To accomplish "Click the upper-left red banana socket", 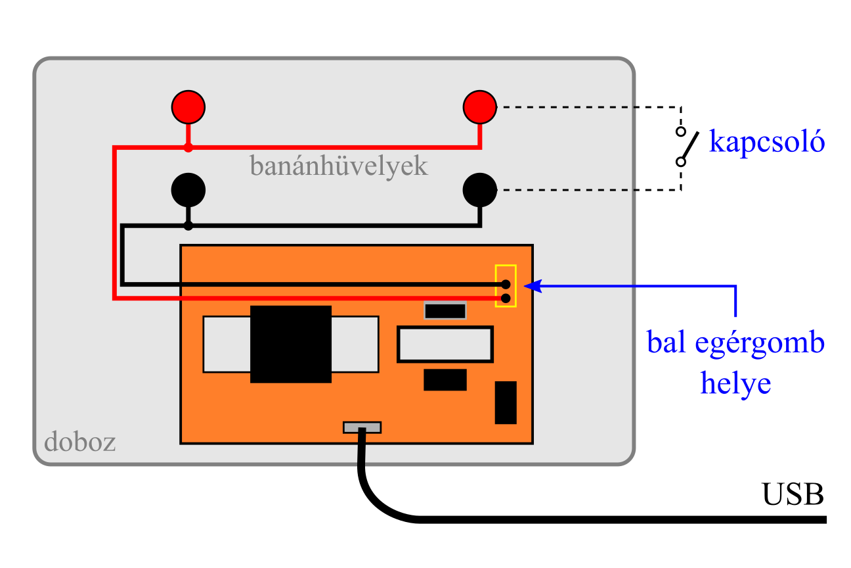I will pos(188,106).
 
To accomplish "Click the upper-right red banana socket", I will pos(480,106).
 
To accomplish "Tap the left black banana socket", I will pos(188,190).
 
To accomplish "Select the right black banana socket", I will pos(480,190).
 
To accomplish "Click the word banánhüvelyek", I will pos(339,166).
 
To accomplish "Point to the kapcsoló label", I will pos(766,142).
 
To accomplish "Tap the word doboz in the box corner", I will pos(80,442).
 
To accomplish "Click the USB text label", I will pos(793,494).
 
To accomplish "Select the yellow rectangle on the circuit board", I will pos(506,285).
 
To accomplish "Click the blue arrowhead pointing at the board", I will pos(533,285).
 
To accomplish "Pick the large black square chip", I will pos(291,344).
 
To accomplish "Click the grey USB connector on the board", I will pos(362,427).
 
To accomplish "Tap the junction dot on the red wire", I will pos(188,147).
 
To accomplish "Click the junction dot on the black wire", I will pos(188,226).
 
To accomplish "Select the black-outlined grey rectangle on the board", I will pos(445,344).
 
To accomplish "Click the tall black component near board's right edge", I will pos(506,402).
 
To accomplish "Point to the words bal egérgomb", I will pos(735,343).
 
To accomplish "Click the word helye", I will pos(735,383).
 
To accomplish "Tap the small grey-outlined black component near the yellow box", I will pos(445,310).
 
